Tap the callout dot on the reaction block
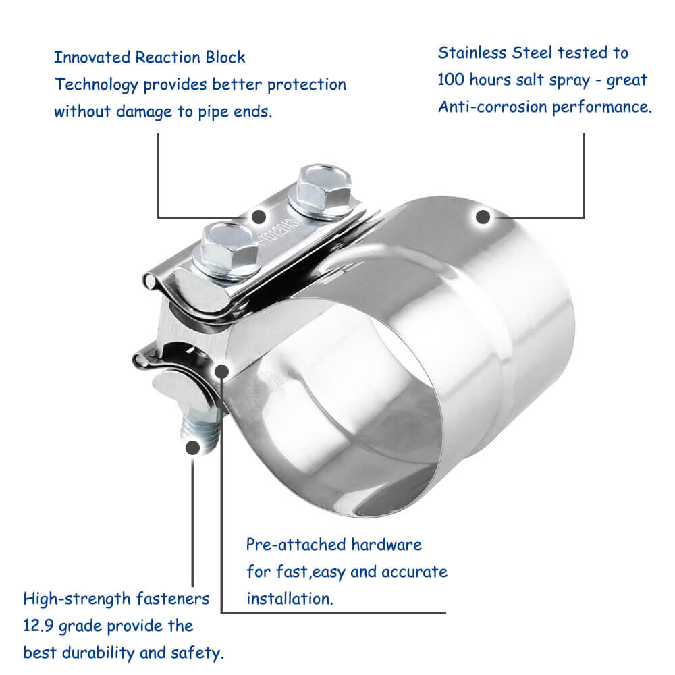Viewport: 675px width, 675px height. click(259, 217)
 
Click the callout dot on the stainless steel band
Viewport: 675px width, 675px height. click(483, 217)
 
